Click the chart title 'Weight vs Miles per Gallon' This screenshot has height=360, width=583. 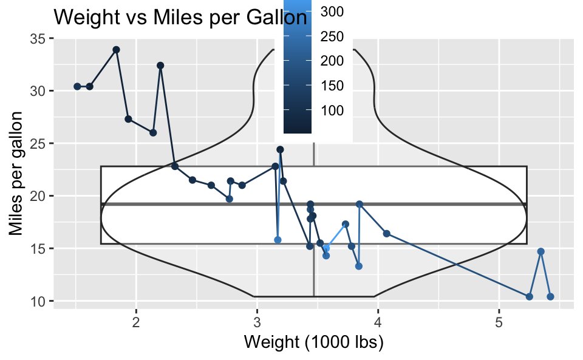tap(180, 17)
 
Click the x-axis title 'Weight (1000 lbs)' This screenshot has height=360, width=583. tap(313, 342)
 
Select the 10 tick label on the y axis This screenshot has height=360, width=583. tap(38, 301)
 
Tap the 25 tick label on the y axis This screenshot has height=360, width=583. tap(38, 144)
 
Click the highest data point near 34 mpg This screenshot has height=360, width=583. tap(116, 50)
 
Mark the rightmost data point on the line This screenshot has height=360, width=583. tap(550, 297)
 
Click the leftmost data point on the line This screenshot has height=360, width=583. tap(77, 86)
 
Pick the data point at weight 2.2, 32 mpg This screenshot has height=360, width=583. tap(160, 66)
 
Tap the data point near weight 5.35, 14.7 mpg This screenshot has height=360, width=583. tap(541, 251)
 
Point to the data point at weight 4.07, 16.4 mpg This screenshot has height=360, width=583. tap(386, 234)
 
